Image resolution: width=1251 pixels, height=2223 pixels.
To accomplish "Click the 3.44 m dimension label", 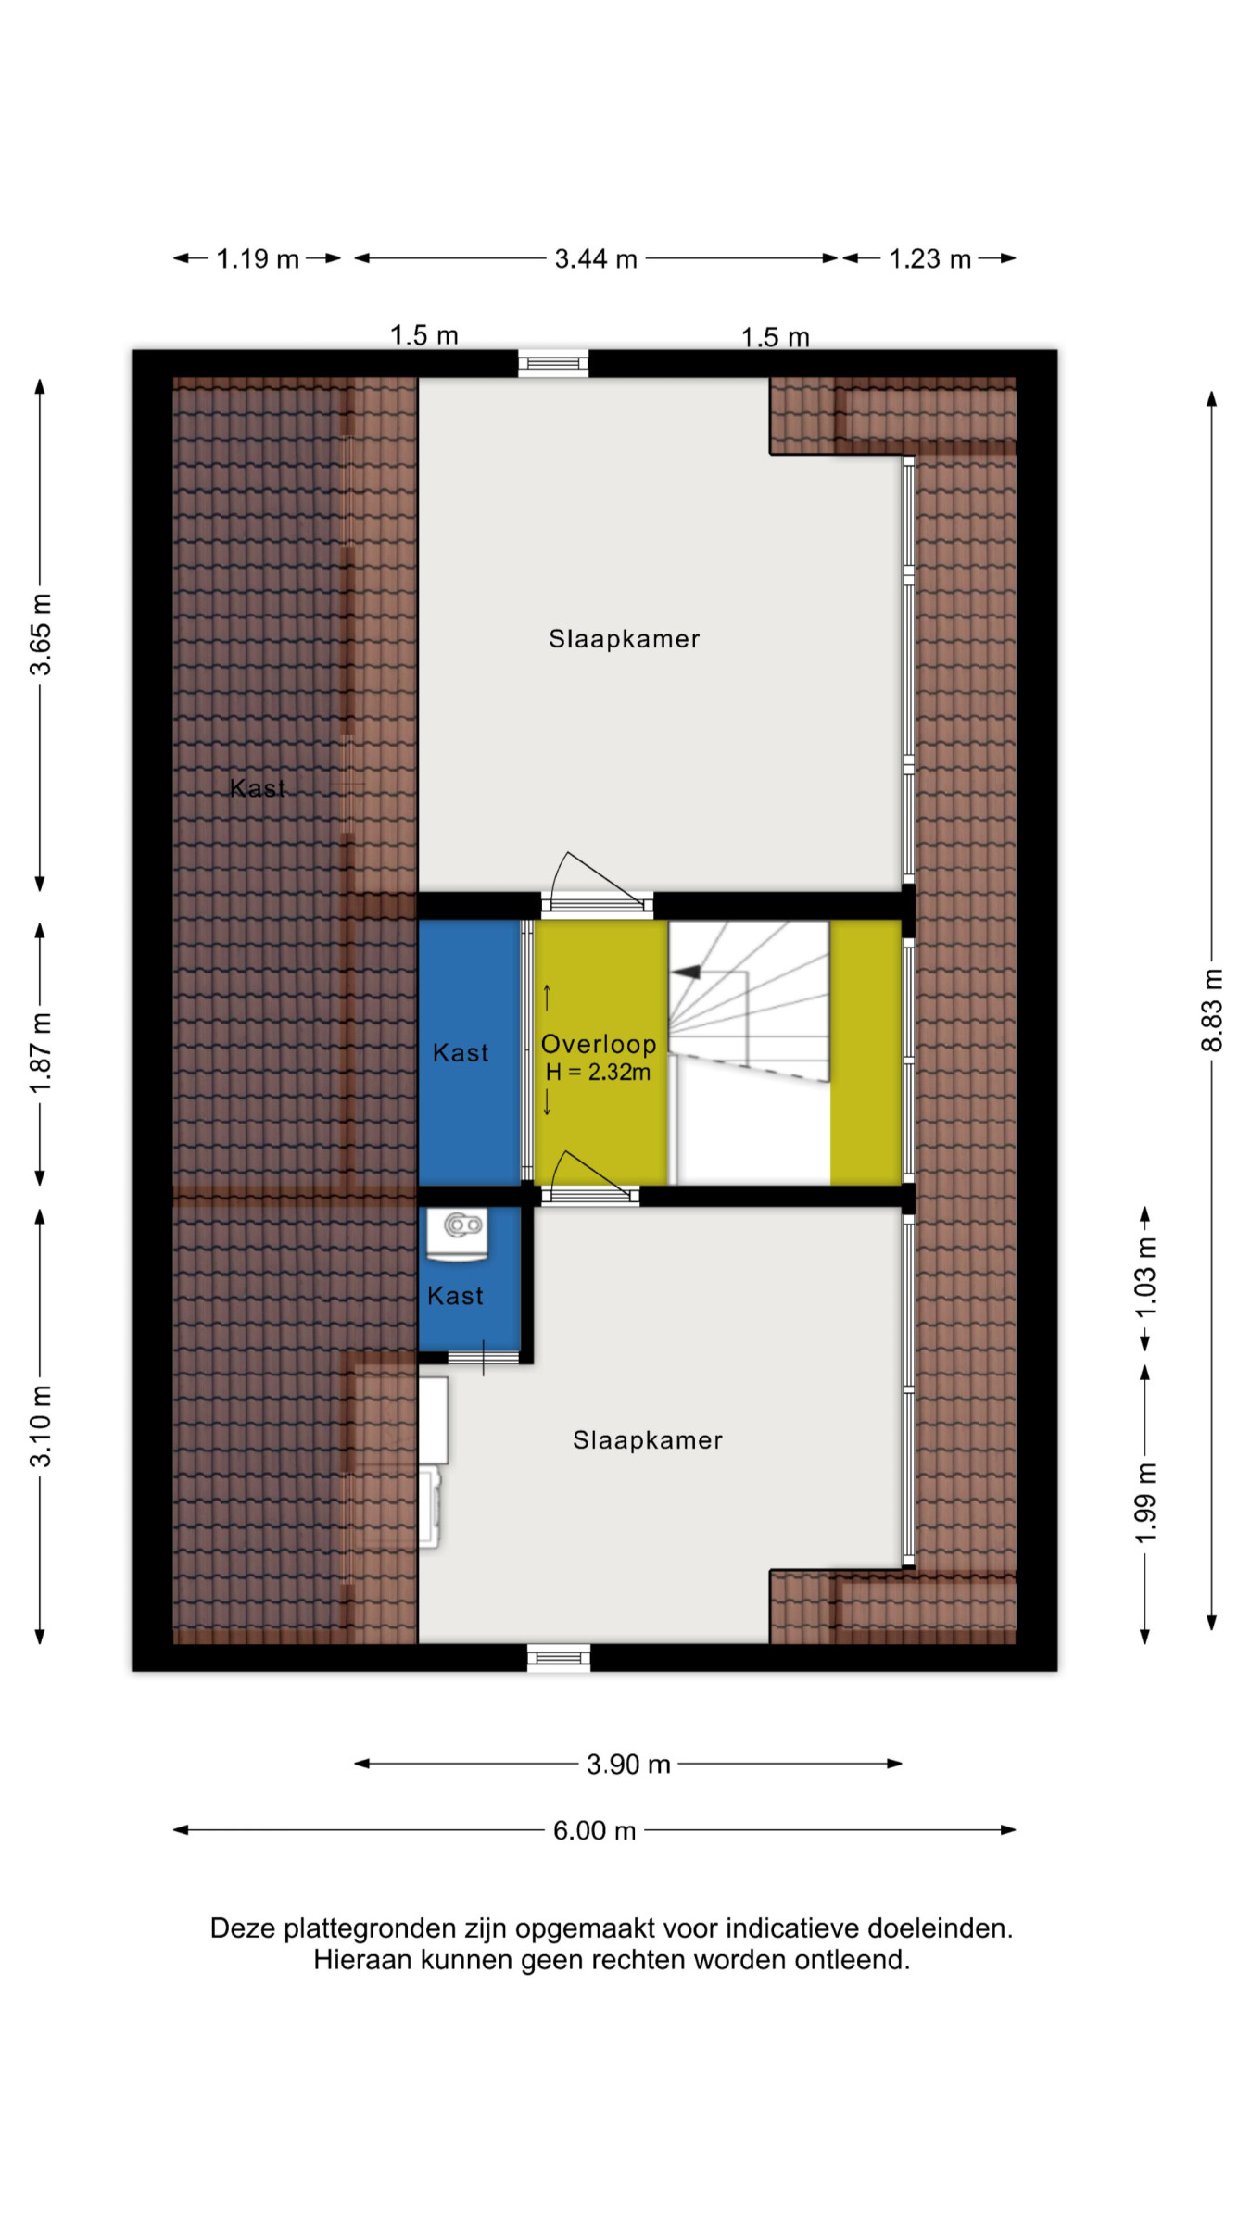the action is (x=596, y=259).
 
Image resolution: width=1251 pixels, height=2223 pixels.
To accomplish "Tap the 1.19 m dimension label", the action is (x=258, y=259).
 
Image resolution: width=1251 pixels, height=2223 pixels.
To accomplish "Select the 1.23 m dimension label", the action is (x=929, y=259).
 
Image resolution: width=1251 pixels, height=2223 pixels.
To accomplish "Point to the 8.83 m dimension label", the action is (x=1212, y=1011).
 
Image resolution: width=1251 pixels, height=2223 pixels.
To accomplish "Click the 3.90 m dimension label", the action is (x=628, y=1765).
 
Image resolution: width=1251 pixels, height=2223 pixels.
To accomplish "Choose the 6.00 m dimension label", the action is (x=595, y=1831).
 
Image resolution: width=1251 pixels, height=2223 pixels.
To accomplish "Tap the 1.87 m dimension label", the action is (x=41, y=1053).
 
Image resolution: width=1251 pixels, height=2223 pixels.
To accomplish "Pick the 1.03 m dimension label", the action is (x=1146, y=1277).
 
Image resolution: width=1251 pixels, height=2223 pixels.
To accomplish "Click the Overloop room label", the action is (x=599, y=1044).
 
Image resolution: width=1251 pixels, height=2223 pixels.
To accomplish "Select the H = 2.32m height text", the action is (x=598, y=1073).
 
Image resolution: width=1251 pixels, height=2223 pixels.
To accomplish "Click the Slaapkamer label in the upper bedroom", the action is (x=624, y=639).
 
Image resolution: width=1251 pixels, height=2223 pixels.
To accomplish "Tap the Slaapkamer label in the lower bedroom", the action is (x=648, y=1440).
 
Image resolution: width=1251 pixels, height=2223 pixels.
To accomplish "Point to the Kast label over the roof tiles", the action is (x=258, y=788).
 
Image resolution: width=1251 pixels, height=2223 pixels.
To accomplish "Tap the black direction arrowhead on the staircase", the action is (x=686, y=972).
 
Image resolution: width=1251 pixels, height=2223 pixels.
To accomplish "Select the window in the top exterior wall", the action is (x=553, y=363).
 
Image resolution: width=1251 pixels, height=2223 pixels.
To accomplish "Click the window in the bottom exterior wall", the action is (x=559, y=1658).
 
